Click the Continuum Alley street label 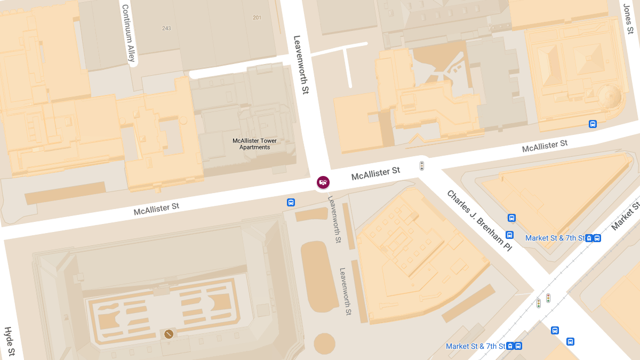[x=129, y=33]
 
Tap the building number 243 [x=166, y=28]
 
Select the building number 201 [x=257, y=18]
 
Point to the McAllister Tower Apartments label [x=254, y=144]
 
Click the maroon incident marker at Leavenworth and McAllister [x=323, y=182]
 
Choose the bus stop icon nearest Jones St [x=593, y=124]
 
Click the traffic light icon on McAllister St [x=421, y=166]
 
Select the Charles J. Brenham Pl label [x=479, y=221]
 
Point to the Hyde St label [x=9, y=342]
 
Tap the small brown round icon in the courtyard [x=169, y=334]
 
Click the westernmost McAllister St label [x=156, y=209]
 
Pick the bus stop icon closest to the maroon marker [x=291, y=202]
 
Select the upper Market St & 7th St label [x=555, y=238]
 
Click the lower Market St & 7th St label [x=475, y=346]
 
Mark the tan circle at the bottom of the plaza [x=324, y=343]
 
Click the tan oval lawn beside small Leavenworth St [x=319, y=275]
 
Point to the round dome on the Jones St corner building [x=609, y=97]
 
